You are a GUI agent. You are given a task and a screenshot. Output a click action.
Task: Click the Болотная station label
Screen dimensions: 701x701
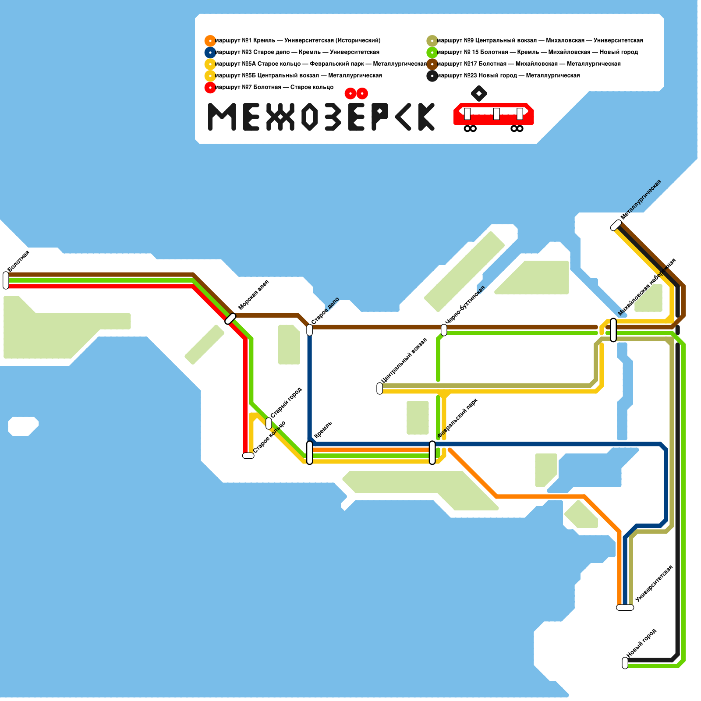click(x=19, y=261)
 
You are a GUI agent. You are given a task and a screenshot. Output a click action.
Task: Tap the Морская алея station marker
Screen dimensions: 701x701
click(x=230, y=319)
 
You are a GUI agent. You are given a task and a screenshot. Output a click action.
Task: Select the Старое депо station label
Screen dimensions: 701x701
click(x=326, y=311)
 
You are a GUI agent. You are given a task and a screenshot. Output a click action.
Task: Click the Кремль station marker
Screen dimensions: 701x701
click(x=309, y=453)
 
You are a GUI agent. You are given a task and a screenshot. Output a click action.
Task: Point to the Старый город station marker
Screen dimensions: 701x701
click(x=269, y=424)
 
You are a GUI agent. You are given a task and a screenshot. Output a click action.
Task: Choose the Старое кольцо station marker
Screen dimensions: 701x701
click(x=248, y=456)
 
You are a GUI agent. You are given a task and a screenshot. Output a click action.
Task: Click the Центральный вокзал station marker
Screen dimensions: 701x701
click(x=379, y=388)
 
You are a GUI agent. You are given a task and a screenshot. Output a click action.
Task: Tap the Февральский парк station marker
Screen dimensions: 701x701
click(x=432, y=453)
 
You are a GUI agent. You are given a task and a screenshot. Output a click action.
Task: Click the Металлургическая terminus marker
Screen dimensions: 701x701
click(x=616, y=225)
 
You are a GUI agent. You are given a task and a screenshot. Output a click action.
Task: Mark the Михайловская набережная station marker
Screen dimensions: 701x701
click(x=613, y=330)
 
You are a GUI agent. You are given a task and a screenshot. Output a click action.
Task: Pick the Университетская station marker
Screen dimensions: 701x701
click(x=625, y=607)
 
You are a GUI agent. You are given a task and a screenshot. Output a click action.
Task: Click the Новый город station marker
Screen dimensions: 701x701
click(x=625, y=663)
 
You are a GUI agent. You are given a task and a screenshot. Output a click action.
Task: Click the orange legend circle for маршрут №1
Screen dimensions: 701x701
click(x=210, y=41)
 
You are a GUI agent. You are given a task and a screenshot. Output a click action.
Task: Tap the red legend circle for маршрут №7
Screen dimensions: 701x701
click(x=210, y=87)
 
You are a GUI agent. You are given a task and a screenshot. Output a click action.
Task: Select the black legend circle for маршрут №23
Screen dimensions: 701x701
click(x=432, y=76)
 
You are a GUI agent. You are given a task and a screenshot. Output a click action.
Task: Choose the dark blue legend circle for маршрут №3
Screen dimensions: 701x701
click(x=210, y=53)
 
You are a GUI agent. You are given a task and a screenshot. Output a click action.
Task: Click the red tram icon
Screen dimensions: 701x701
click(x=493, y=115)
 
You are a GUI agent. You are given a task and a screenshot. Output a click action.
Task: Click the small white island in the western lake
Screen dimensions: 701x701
click(x=23, y=426)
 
